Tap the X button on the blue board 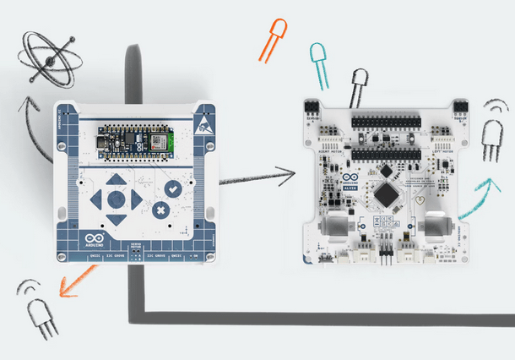click(160, 210)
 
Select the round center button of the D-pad click(116, 200)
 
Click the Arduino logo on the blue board click(91, 240)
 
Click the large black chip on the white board click(386, 194)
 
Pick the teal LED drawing click(317, 63)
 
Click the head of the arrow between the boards click(290, 173)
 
